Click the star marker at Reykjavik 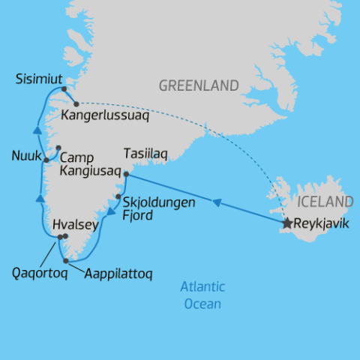click(286, 223)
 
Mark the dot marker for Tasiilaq click(126, 175)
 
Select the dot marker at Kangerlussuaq click(76, 104)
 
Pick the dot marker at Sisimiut click(64, 89)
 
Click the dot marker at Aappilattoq click(67, 261)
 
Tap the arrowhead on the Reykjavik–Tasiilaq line click(216, 201)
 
